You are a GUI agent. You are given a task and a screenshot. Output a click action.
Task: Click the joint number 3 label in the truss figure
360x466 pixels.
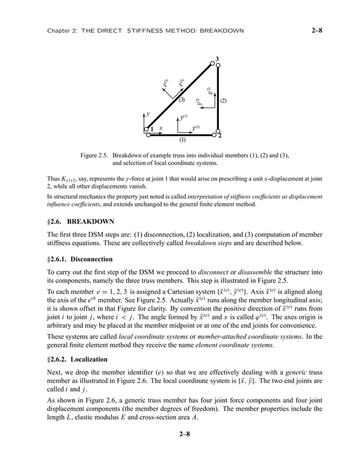tap(217, 59)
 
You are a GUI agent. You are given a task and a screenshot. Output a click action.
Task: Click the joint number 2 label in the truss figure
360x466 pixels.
tap(219, 137)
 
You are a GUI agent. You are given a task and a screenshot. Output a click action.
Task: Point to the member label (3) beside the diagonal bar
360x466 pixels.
tap(182, 100)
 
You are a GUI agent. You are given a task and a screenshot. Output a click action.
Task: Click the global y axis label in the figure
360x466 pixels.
tap(148, 114)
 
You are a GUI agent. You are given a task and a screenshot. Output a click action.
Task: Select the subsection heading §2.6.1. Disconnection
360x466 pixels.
tap(80, 260)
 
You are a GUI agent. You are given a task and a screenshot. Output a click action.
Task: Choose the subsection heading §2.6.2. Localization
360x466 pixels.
tap(78, 359)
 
